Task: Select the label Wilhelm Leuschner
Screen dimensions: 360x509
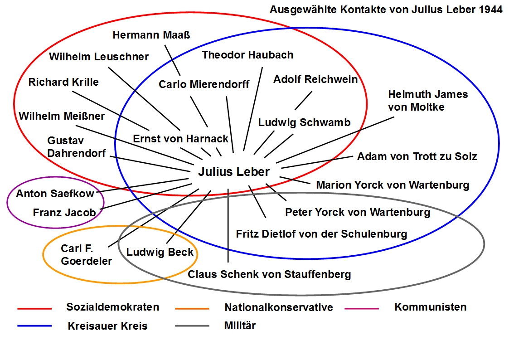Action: click(99, 57)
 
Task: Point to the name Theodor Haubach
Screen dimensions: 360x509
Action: click(247, 55)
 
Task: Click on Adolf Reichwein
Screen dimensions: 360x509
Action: click(315, 80)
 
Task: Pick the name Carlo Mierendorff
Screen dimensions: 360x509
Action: click(204, 84)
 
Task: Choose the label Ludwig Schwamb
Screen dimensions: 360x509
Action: click(304, 122)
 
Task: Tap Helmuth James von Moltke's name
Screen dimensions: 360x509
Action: click(427, 101)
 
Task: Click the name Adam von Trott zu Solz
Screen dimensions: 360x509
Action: click(417, 157)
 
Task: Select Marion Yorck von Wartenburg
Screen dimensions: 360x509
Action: click(393, 185)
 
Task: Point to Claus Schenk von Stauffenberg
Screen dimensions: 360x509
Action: click(269, 274)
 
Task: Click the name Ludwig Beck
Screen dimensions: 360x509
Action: click(160, 253)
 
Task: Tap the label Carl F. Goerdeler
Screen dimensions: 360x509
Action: click(86, 255)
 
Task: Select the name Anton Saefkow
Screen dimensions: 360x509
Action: click(55, 194)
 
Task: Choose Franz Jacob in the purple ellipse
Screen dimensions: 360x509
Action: click(64, 212)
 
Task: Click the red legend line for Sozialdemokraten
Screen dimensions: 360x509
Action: click(34, 309)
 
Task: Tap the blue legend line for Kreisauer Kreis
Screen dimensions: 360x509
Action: click(34, 326)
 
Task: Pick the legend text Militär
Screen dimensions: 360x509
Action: click(240, 326)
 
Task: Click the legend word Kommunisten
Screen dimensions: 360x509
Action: click(430, 307)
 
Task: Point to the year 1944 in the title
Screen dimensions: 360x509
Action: click(490, 10)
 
